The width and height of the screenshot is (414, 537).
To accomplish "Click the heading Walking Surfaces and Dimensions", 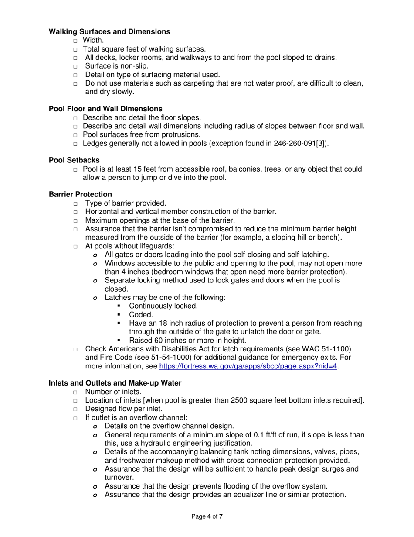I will pyautogui.click(x=109, y=32).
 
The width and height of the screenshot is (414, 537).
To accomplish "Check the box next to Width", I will pyautogui.click(x=75, y=41).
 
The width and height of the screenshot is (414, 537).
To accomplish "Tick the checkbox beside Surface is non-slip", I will pyautogui.click(x=75, y=66).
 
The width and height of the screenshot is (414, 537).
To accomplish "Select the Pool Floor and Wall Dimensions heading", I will pyautogui.click(x=105, y=109).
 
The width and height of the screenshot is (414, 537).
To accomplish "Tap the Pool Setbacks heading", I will pyautogui.click(x=74, y=160).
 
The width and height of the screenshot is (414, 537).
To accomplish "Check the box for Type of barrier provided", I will pyautogui.click(x=75, y=203).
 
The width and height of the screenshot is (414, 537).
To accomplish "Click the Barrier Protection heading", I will pyautogui.click(x=80, y=194).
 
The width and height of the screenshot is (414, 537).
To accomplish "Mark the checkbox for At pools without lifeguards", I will pyautogui.click(x=75, y=246).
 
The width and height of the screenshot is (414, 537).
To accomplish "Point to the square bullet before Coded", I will pyautogui.click(x=119, y=315).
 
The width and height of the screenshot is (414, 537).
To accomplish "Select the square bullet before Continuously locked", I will pyautogui.click(x=119, y=306).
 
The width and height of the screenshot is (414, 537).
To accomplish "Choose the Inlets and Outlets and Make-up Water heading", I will pyautogui.click(x=115, y=383).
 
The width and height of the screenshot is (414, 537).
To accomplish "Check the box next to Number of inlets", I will pyautogui.click(x=75, y=392).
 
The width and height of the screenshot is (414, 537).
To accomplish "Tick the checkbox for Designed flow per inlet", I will pyautogui.click(x=75, y=409).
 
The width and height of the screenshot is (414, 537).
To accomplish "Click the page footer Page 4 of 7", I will pyautogui.click(x=207, y=516).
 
